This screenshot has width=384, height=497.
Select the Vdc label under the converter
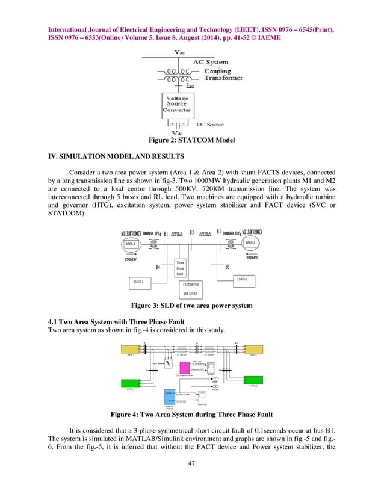(x=178, y=133)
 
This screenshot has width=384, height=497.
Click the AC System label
(x=210, y=62)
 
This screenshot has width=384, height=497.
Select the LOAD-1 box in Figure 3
(x=139, y=281)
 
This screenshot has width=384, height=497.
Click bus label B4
(x=158, y=267)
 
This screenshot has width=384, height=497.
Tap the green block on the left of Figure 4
(x=129, y=383)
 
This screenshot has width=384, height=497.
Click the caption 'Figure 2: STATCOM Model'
(x=192, y=141)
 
